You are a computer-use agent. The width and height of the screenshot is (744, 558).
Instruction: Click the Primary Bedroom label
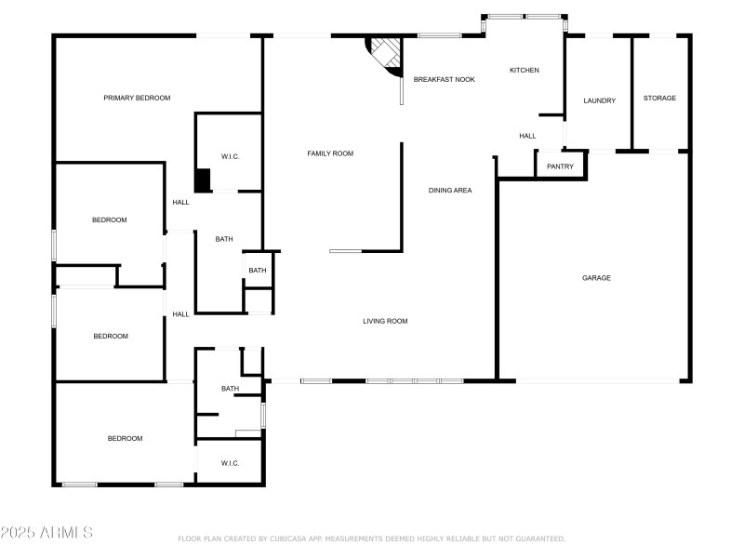137,98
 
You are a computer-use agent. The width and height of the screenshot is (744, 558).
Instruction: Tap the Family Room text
330,153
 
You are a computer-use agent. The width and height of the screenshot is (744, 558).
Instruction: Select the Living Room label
385,321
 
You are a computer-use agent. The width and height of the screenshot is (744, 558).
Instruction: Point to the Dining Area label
450,191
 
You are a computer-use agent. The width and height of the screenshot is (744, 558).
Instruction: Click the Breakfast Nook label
444,80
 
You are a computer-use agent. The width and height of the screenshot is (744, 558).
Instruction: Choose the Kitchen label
524,71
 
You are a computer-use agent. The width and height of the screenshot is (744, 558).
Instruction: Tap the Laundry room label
599,100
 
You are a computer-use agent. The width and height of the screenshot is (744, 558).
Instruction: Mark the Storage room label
659,98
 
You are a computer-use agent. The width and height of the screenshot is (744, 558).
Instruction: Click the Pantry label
560,166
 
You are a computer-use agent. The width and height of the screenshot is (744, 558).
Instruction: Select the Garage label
596,277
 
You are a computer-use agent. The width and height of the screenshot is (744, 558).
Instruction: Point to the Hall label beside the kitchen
527,136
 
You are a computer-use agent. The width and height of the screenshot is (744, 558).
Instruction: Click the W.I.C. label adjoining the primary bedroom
230,156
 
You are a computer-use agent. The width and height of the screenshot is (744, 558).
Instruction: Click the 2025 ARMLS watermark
46,533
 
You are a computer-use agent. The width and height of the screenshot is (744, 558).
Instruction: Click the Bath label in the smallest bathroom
257,271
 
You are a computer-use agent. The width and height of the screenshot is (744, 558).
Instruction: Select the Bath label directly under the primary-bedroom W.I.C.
224,239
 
